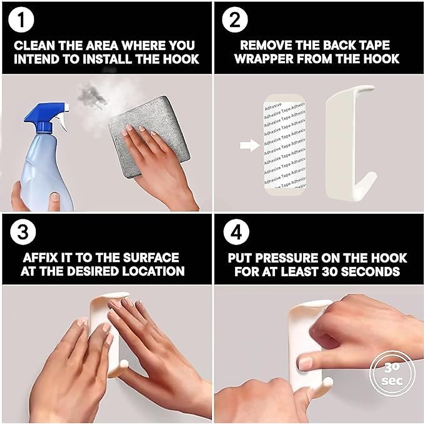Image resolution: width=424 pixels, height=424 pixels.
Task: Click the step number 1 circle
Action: (x=21, y=21)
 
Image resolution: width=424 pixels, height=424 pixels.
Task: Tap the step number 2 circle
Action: (x=235, y=21)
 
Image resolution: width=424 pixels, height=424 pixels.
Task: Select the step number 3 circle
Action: (x=23, y=232)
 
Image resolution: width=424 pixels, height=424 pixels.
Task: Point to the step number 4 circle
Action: (x=236, y=232)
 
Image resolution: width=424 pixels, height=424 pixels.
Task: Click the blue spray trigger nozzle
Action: (x=47, y=117)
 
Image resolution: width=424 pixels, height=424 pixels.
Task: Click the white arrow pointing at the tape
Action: (x=249, y=145)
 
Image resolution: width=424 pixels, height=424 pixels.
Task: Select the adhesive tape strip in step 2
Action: (x=284, y=145)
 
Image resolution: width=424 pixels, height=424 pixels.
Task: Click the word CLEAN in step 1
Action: (x=35, y=46)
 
